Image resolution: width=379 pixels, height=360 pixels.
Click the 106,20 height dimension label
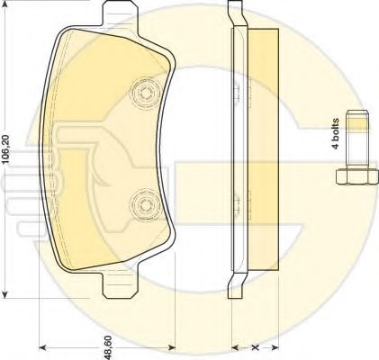coord(6,149)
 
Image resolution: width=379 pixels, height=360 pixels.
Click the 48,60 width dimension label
coord(108,347)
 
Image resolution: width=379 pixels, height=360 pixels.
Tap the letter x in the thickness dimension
coord(256,347)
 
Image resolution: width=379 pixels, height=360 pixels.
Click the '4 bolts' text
coord(335,134)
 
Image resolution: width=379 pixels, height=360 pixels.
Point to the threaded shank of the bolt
coord(357,139)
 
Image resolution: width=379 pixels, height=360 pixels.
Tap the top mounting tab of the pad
coord(120,14)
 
